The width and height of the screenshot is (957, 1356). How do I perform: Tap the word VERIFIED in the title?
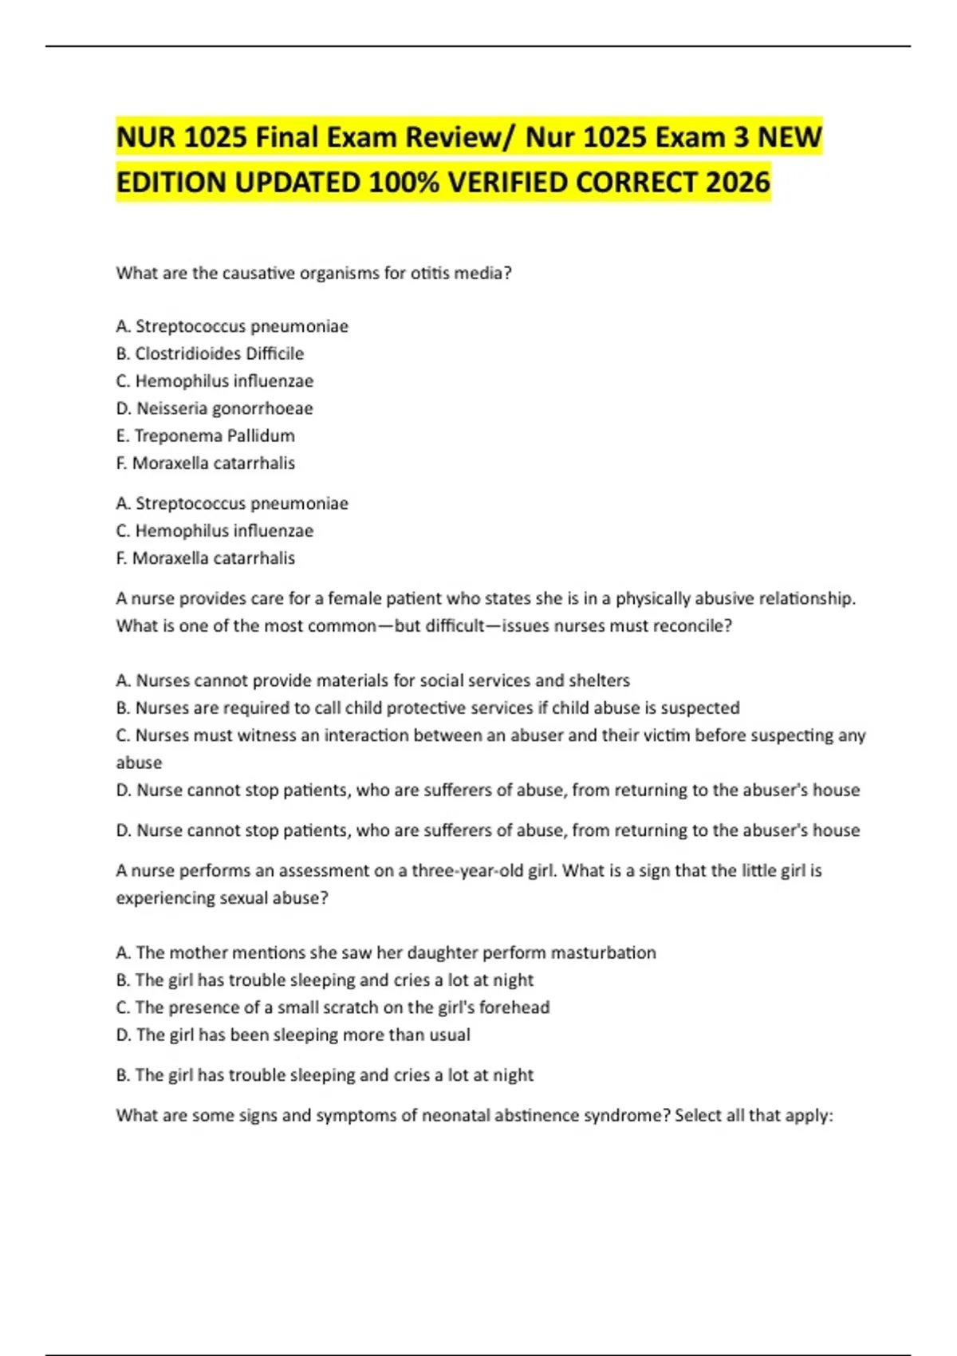[x=507, y=183]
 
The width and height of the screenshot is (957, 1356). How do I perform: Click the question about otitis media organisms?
[x=313, y=273]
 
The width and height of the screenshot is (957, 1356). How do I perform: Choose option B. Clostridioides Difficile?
[x=210, y=353]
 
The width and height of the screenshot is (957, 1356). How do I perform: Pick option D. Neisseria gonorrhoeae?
[x=214, y=408]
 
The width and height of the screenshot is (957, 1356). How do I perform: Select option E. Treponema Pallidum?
[x=205, y=436]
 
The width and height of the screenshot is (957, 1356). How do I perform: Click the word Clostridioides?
[x=187, y=353]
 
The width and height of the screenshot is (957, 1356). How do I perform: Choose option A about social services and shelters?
[x=372, y=680]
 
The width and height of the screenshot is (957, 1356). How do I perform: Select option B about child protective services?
[x=427, y=708]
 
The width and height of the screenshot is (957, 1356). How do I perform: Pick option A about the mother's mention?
[x=385, y=952]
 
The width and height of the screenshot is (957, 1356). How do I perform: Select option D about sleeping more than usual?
[x=293, y=1035]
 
